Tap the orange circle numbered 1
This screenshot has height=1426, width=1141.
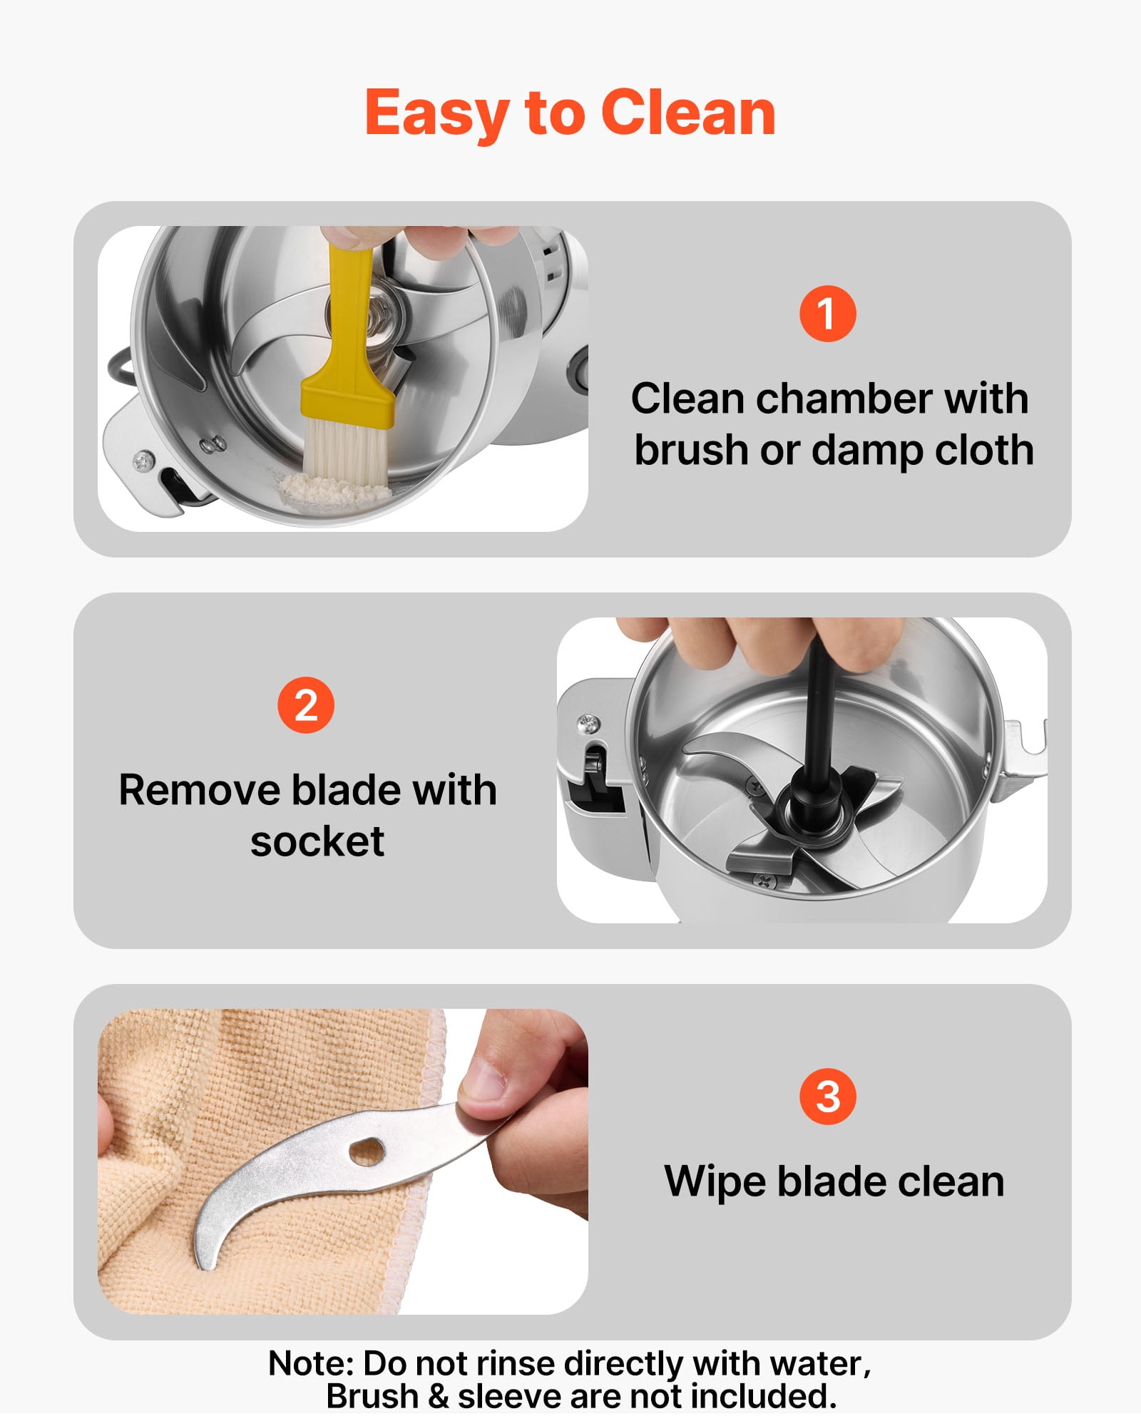827,314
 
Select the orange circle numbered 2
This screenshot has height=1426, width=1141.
306,705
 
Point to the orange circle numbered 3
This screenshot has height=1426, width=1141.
828,1097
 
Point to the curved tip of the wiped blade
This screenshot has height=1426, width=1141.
204,1263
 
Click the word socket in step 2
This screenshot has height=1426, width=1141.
317,842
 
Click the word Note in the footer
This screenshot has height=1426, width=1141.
311,1364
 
